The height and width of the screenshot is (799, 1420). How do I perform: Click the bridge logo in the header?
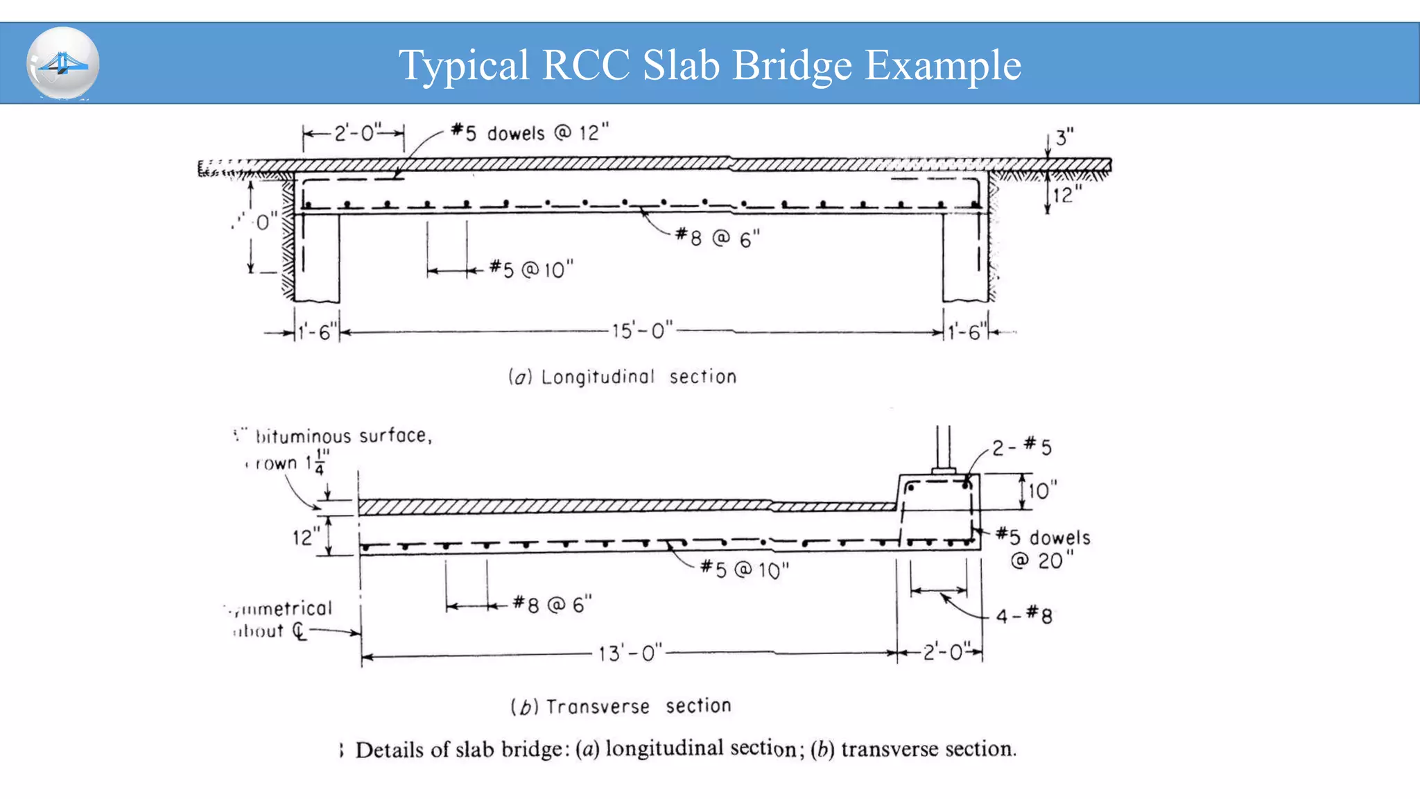tap(63, 64)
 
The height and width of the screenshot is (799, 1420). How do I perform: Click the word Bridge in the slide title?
tap(792, 65)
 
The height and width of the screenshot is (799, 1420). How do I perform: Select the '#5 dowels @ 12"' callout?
tap(530, 132)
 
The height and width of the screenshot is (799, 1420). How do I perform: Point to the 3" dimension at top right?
tap(1064, 137)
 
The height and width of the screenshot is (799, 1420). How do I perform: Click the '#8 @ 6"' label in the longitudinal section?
tap(718, 239)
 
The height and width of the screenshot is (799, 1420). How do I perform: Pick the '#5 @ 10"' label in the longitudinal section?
tap(532, 269)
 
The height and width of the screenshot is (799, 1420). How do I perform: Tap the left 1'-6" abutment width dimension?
tap(318, 332)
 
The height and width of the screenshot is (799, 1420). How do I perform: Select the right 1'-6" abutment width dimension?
tap(967, 332)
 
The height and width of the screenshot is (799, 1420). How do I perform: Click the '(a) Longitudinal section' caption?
tap(622, 377)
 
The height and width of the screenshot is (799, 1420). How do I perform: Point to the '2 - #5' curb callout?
tap(1021, 447)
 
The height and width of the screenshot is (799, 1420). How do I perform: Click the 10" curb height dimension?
tap(1042, 491)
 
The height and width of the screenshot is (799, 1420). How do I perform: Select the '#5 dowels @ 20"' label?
tap(1044, 548)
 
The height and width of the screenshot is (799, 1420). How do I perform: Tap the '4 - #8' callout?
tap(1024, 615)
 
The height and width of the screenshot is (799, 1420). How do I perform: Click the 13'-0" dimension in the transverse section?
tap(630, 653)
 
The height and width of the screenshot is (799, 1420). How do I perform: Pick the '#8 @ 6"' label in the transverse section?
tap(553, 604)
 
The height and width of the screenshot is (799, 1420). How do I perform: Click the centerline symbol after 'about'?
tap(299, 631)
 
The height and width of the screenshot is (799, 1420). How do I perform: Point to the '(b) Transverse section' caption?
tap(621, 706)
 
